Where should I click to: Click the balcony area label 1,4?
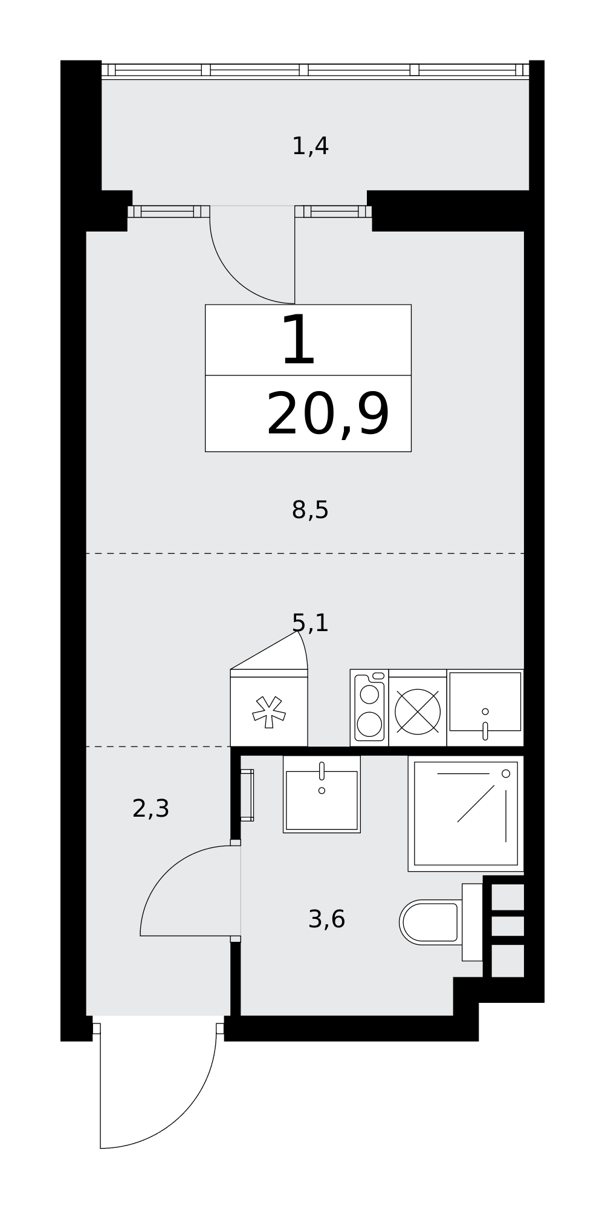pos(310,146)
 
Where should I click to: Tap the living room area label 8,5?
pos(310,510)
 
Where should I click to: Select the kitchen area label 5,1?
pos(310,623)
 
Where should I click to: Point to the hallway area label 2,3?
pos(150,808)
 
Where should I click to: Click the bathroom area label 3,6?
pos(326,919)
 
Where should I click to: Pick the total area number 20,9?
pos(328,415)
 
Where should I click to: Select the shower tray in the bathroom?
pos(465,813)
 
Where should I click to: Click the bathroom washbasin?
pos(322,794)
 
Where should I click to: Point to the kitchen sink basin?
pos(485,702)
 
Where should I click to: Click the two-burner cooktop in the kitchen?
pos(369,707)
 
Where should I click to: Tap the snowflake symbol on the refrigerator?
pos(269,712)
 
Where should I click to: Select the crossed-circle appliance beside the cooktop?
pos(418,711)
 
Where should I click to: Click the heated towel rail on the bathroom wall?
pos(247,795)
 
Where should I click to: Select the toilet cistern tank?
pos(473,922)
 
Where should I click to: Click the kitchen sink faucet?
pos(485,731)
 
